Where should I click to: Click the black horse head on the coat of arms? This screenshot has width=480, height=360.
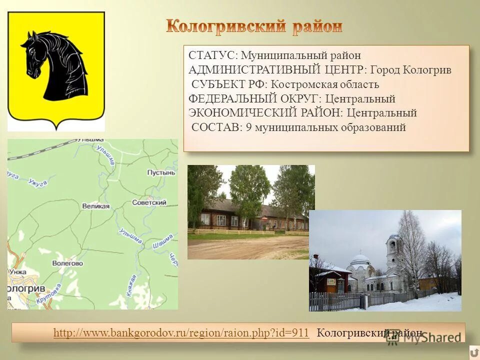(x=55, y=65)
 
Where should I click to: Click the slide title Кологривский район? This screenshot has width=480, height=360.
(x=254, y=26)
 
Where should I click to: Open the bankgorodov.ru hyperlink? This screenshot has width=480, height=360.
(x=181, y=333)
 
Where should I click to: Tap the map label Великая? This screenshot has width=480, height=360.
(x=96, y=206)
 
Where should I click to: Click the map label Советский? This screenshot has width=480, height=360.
(x=149, y=202)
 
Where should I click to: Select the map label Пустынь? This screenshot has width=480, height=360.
(x=161, y=172)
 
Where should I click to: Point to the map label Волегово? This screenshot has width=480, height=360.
(x=67, y=263)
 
